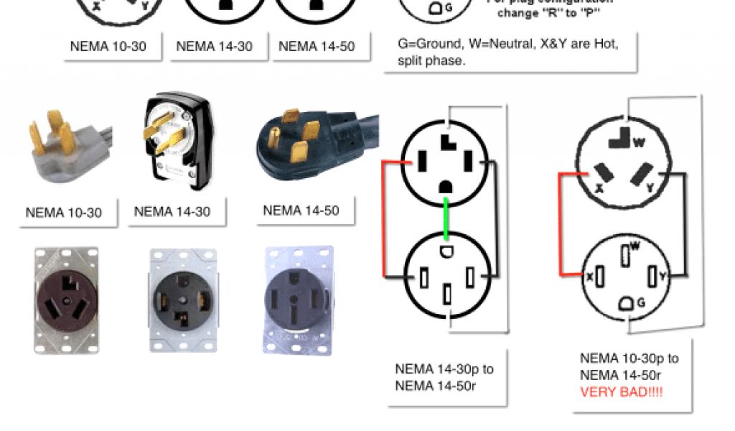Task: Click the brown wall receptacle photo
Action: point(67,300)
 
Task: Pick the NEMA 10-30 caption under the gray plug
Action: point(63,213)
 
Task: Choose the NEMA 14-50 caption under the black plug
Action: point(301,210)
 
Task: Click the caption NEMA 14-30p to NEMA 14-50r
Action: point(444,378)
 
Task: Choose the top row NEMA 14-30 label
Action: point(214,47)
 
